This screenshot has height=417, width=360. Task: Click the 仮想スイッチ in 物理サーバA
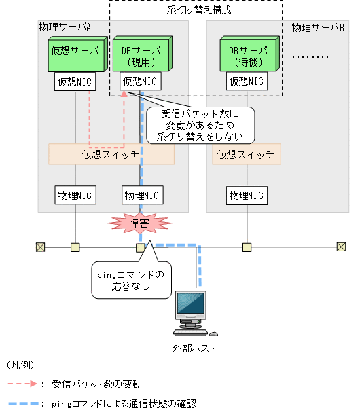click(x=111, y=154)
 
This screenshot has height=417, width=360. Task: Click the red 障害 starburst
click(x=140, y=222)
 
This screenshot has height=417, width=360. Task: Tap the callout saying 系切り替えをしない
click(x=200, y=124)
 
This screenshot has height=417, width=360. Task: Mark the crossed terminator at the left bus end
click(x=40, y=247)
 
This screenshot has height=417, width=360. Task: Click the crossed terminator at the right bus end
click(x=341, y=247)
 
